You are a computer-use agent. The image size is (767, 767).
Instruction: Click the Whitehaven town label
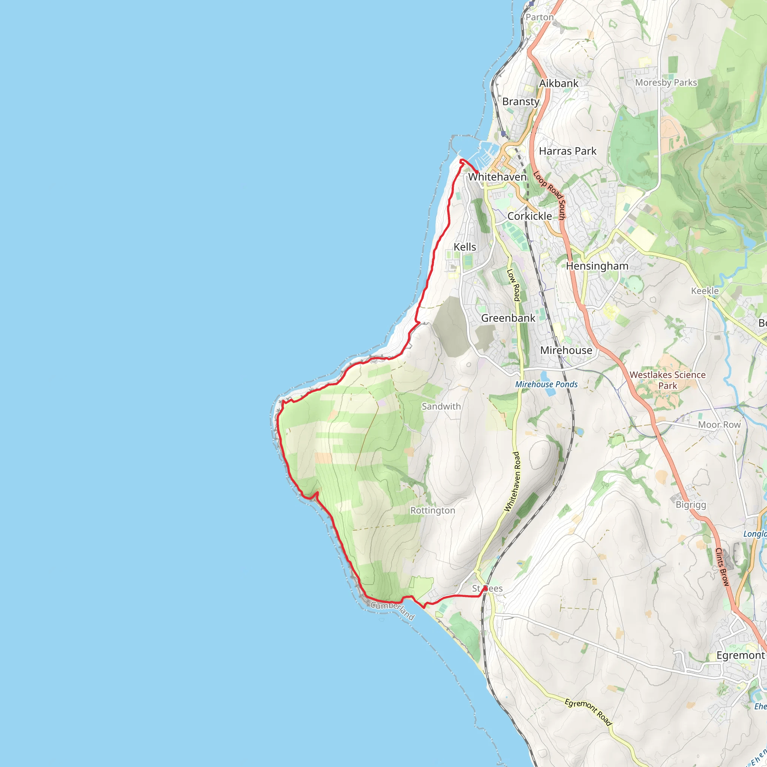click(497, 177)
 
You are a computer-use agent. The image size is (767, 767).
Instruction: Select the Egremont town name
click(740, 655)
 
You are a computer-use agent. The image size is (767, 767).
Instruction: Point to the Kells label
click(465, 247)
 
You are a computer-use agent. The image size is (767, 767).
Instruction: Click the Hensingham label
click(597, 266)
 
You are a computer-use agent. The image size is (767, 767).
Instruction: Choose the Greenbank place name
click(508, 318)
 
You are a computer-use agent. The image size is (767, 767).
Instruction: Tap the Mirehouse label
click(566, 350)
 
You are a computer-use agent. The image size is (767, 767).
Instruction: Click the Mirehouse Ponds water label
click(546, 384)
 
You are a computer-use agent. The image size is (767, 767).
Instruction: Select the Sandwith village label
click(441, 406)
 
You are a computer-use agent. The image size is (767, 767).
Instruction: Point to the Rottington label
click(433, 510)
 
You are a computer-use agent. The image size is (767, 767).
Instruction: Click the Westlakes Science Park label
click(668, 380)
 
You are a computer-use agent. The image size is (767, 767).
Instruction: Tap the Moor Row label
click(719, 425)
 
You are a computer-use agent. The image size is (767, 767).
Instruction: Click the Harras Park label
click(568, 151)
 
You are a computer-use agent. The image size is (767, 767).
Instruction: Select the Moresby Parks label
click(666, 82)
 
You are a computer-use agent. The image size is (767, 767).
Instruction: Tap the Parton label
click(540, 17)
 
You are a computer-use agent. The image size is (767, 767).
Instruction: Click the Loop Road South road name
click(549, 195)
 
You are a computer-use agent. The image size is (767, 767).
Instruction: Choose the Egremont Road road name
click(588, 712)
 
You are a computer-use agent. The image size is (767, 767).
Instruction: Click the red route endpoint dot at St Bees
click(485, 588)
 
